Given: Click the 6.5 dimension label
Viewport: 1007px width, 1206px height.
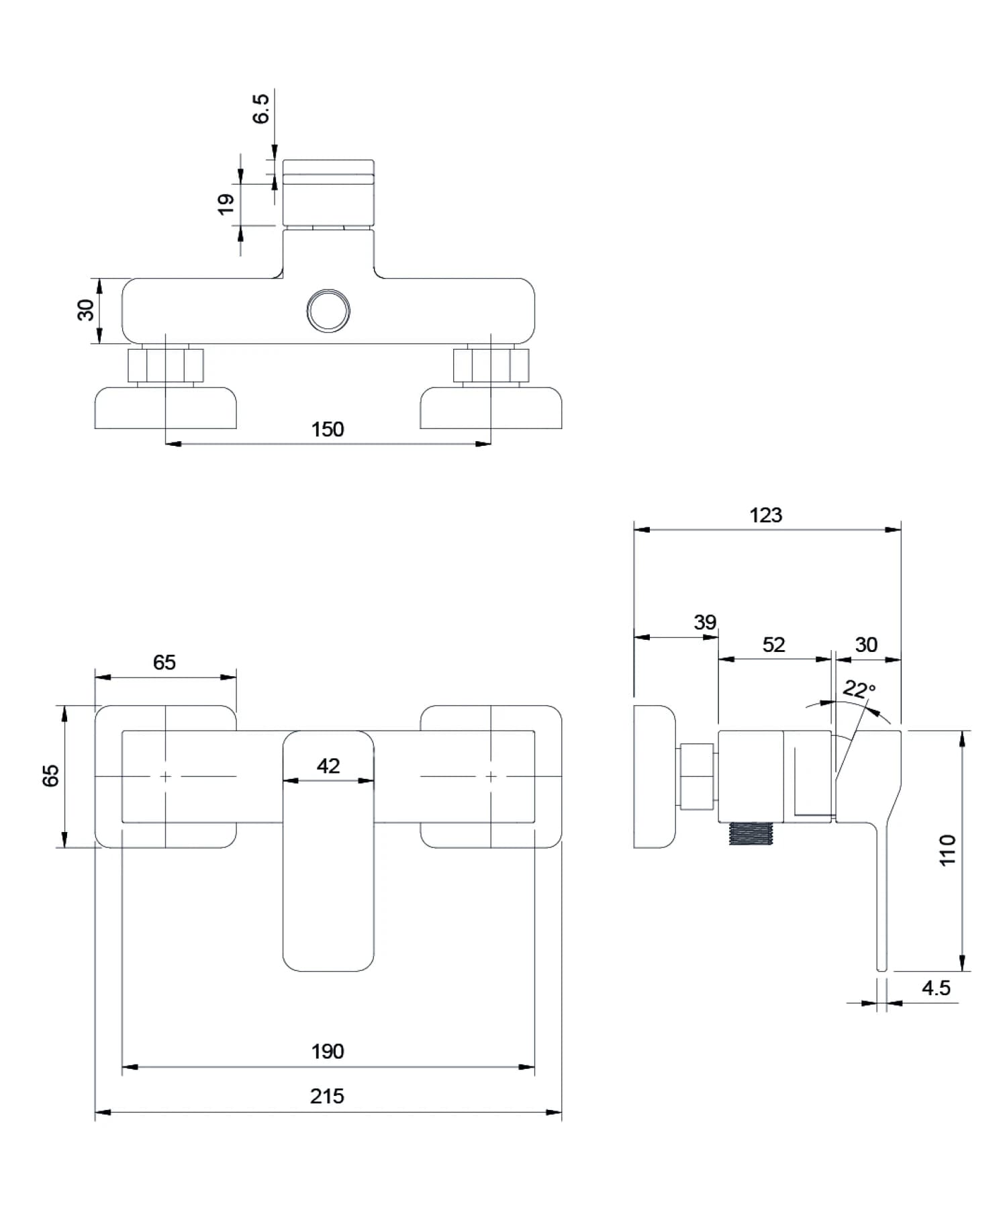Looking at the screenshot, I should (260, 109).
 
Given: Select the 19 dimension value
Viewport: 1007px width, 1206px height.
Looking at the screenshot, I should (226, 203).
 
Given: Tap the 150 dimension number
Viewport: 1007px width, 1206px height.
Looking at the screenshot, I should (327, 430).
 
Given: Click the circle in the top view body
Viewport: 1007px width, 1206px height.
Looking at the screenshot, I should (328, 311).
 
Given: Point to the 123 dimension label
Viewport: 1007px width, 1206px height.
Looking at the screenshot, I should (765, 516).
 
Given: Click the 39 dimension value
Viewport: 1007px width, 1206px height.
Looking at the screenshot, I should (704, 622).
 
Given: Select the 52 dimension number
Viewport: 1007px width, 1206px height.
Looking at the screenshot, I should (773, 645).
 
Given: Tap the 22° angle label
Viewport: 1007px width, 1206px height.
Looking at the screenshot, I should (859, 689).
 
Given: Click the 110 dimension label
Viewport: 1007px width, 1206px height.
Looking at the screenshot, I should (947, 850).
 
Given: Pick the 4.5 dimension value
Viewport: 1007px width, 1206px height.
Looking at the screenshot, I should (936, 988).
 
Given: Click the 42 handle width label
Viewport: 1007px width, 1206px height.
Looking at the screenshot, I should (328, 766).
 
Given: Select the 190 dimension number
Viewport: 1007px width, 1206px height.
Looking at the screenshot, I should (327, 1052).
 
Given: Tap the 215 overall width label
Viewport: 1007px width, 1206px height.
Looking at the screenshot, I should (327, 1097).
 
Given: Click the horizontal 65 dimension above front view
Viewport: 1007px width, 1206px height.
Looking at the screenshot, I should (164, 663).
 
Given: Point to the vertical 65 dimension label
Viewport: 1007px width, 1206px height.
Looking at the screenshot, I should (51, 776).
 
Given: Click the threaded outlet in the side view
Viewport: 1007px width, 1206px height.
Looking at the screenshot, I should (751, 833).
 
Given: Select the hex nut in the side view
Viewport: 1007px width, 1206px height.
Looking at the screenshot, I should (697, 776).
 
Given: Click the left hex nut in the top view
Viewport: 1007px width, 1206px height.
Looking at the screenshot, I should (165, 366).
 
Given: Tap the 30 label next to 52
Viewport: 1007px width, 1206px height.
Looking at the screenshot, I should (866, 645).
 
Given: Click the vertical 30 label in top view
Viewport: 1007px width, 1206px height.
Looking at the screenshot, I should (86, 311).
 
